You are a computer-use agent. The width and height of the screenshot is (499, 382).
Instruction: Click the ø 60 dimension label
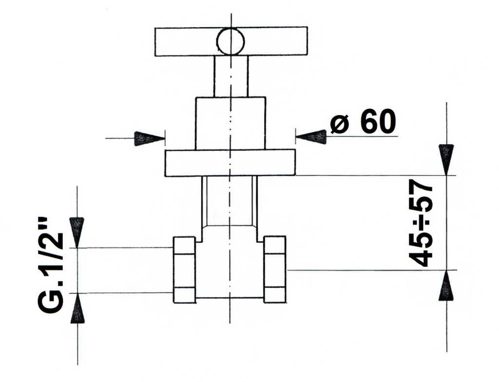[363, 121]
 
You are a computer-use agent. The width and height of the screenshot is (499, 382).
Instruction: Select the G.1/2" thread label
[51, 265]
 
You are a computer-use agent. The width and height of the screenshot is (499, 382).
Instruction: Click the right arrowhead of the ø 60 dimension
[311, 137]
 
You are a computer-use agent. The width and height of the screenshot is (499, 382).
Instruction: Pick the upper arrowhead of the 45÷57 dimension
[446, 160]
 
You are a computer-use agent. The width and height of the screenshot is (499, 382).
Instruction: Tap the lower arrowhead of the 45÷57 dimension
[446, 285]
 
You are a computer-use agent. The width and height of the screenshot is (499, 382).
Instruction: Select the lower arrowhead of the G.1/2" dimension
[77, 308]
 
